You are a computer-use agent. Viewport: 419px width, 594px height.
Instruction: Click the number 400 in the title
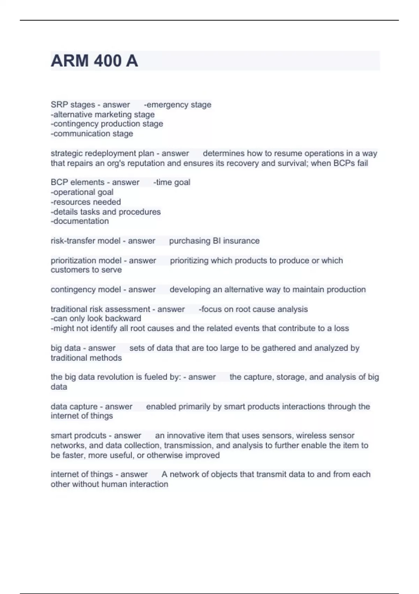pos(103,61)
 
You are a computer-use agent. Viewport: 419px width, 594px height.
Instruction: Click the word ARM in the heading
pos(70,61)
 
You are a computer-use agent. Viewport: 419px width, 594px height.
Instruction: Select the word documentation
pos(80,221)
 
